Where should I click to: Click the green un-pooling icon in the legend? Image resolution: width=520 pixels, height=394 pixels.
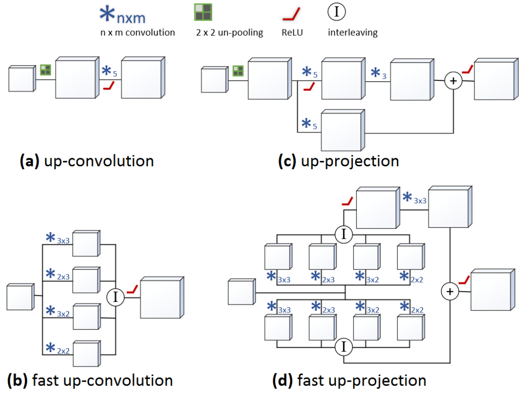(x=203, y=12)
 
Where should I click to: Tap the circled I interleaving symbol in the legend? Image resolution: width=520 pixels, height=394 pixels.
(x=337, y=12)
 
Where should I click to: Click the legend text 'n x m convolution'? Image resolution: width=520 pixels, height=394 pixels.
(x=138, y=33)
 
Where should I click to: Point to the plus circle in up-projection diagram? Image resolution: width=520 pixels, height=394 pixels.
(x=453, y=81)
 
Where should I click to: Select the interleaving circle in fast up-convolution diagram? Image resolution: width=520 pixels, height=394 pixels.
(x=116, y=297)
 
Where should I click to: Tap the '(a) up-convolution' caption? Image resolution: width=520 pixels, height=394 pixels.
(x=87, y=161)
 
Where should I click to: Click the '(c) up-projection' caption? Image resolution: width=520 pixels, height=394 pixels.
(x=338, y=161)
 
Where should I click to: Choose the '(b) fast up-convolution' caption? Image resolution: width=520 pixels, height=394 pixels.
(x=90, y=381)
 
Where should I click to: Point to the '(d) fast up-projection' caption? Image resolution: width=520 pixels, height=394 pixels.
(x=349, y=381)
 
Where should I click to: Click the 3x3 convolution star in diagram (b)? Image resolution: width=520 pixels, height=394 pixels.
(x=50, y=238)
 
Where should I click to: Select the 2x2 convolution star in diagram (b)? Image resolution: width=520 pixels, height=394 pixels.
(x=50, y=347)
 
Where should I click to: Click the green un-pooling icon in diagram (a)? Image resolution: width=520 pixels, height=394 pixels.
(x=45, y=71)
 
